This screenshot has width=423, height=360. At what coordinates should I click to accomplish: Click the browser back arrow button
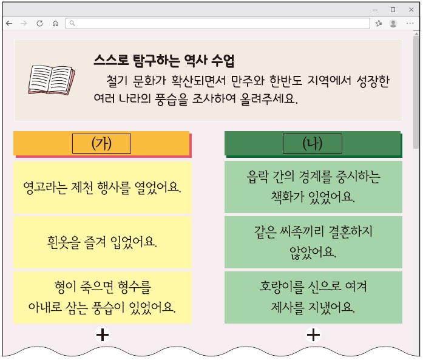point(9,24)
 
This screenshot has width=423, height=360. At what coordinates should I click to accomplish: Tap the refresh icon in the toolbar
point(39,24)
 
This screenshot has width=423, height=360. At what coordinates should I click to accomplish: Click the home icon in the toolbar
point(55,24)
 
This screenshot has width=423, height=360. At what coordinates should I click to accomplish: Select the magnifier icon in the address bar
point(72,23)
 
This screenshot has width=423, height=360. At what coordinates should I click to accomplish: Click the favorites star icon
point(379,24)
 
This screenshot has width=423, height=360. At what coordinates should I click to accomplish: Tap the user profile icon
point(393,24)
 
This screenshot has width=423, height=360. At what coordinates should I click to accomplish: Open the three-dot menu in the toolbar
point(410,24)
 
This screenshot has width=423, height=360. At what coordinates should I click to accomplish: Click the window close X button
point(411,10)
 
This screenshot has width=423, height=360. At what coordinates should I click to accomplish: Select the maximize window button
point(393,10)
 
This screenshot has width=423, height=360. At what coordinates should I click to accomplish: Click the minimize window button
point(375,10)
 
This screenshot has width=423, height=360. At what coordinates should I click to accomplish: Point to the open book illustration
point(52,80)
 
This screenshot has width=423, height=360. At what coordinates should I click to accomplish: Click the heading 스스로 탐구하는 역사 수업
point(164,61)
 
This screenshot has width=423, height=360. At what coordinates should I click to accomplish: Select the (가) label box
point(102,143)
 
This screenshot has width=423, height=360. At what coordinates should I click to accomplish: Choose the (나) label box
point(313,143)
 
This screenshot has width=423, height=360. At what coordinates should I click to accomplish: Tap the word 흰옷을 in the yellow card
point(64,242)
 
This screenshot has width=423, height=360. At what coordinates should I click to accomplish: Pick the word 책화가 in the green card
point(287,197)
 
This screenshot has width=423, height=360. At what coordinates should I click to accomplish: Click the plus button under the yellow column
point(103,335)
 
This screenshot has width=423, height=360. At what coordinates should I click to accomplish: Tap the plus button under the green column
point(314,335)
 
